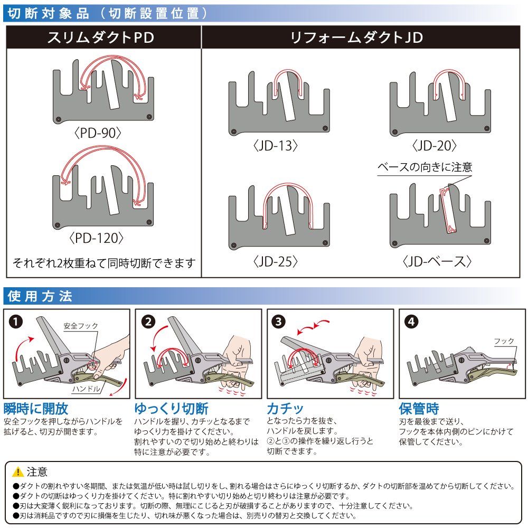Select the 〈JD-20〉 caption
(x=435, y=146)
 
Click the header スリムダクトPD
(x=103, y=38)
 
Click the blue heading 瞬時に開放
(x=36, y=409)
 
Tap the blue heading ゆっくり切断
(x=171, y=409)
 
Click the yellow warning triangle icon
(x=18, y=472)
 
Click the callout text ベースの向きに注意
(x=425, y=167)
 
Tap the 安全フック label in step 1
(x=81, y=326)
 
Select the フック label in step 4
(x=504, y=342)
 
